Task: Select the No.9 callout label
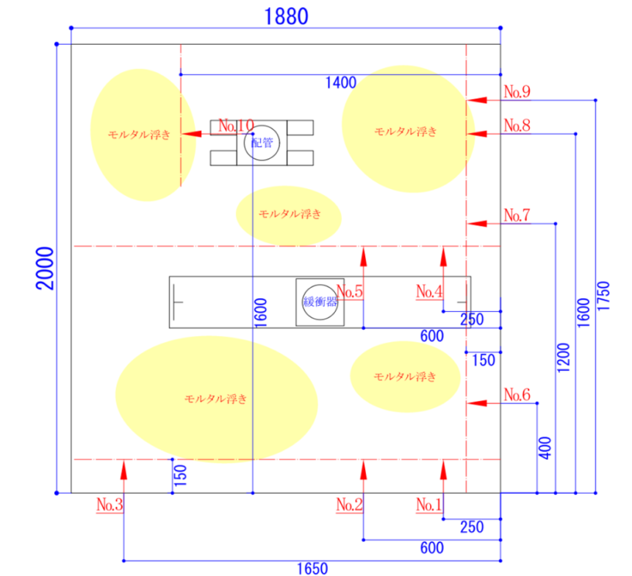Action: pos(517,92)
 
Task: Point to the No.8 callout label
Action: pos(517,126)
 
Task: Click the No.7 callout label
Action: pos(517,216)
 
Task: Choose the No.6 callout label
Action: pos(517,395)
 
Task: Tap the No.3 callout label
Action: pos(109,505)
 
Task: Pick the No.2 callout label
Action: pos(350,505)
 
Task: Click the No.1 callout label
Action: pos(429,505)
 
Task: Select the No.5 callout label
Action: pos(350,291)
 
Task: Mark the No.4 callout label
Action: pos(429,291)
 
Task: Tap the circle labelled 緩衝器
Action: pos(320,302)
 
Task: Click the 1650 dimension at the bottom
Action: pos(312,568)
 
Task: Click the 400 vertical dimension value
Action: pos(545,447)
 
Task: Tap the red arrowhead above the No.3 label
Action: pos(124,469)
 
